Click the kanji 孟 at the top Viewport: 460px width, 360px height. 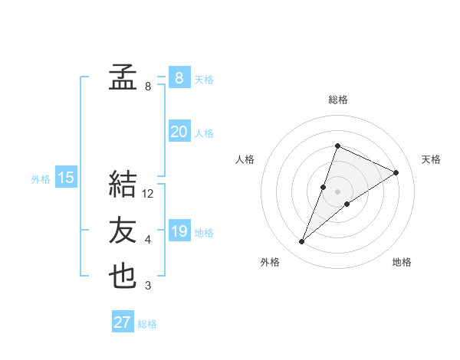click(x=123, y=77)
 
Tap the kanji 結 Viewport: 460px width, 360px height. click(x=123, y=185)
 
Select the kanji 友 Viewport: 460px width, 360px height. click(x=123, y=231)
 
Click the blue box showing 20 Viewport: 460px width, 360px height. click(x=179, y=132)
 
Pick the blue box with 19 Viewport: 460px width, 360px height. click(x=179, y=231)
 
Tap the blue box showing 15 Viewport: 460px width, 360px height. click(x=66, y=178)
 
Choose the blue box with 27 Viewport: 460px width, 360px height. click(x=123, y=322)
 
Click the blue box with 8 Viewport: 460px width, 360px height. click(x=179, y=77)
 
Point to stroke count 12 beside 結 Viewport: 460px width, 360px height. click(x=148, y=195)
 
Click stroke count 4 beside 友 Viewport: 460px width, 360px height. click(x=148, y=241)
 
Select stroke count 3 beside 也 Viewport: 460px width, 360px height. click(x=148, y=286)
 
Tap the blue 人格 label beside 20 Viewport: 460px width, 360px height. click(x=204, y=133)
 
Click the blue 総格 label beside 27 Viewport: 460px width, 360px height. click(x=147, y=324)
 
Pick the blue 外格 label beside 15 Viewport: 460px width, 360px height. click(x=41, y=179)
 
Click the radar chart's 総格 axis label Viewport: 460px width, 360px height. click(x=338, y=100)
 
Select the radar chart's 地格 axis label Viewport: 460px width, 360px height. click(x=402, y=262)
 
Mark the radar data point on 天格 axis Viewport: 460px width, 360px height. click(x=396, y=172)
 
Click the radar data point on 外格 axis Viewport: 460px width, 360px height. click(x=302, y=242)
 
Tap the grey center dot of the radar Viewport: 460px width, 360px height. click(x=338, y=191)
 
